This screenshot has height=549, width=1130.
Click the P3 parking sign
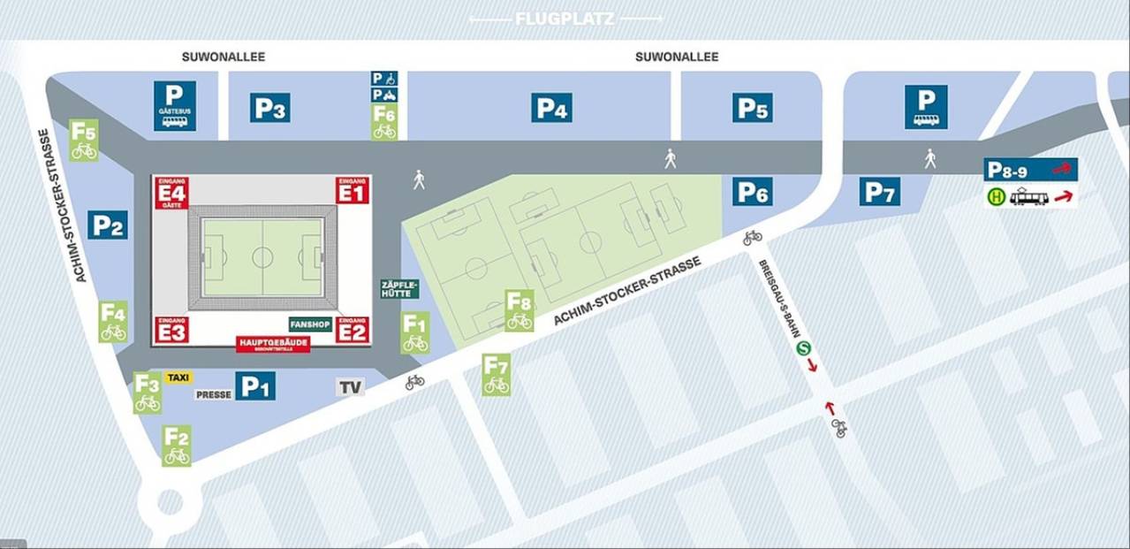269,108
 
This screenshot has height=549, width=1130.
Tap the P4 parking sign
551,108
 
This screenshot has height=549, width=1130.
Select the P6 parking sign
753,191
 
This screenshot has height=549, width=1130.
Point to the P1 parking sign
255,385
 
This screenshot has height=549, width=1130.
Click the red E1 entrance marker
352,191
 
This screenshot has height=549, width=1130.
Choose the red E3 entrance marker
171,330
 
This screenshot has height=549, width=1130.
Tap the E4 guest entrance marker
171,192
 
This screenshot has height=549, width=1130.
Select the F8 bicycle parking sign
519,310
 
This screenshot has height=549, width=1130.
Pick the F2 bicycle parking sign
177,446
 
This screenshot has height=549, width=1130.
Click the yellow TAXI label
178,377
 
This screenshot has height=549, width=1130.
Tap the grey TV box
351,387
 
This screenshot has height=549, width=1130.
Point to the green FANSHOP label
310,324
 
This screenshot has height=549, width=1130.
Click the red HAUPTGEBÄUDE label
273,344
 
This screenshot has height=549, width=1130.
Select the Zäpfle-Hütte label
399,288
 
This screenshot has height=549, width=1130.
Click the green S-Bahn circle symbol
804,348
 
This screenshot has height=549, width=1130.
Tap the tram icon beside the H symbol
1029,197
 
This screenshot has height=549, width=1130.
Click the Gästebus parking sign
175,106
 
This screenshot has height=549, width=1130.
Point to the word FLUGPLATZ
565,19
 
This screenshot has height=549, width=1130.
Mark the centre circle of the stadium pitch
262,257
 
